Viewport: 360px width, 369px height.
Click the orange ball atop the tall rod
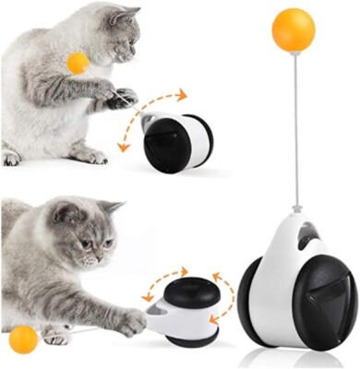pyautogui.click(x=294, y=30)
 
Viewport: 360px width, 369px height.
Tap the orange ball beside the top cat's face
pyautogui.click(x=78, y=63)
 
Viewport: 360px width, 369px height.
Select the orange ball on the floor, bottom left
pyautogui.click(x=23, y=339)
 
